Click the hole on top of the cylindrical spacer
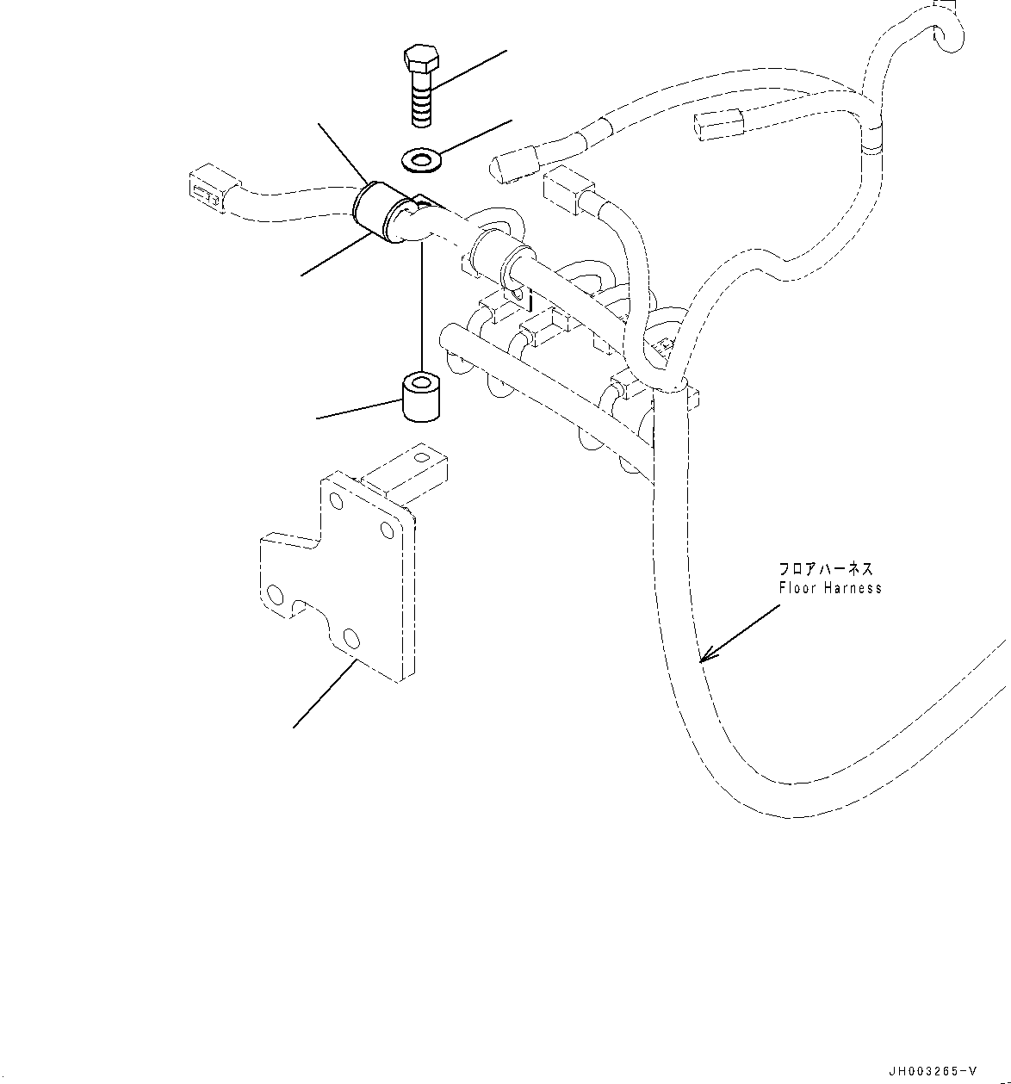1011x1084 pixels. [419, 379]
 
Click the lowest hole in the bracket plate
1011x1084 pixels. [350, 638]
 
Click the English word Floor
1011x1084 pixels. [797, 588]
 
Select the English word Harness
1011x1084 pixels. [853, 588]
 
